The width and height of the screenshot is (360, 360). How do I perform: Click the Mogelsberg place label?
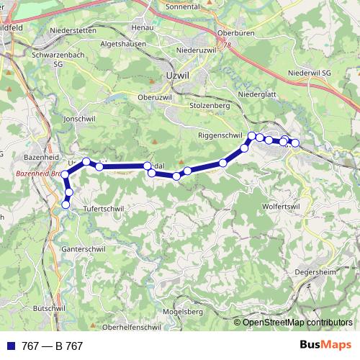pos(183,312)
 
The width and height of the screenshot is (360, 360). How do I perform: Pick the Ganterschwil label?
pos(85,248)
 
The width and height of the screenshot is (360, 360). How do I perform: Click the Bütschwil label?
pos(49,307)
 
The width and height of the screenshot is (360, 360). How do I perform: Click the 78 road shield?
pos(228,45)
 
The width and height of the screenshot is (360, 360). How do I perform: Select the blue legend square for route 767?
pos(10,346)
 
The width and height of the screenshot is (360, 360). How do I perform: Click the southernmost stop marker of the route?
pos(66,204)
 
